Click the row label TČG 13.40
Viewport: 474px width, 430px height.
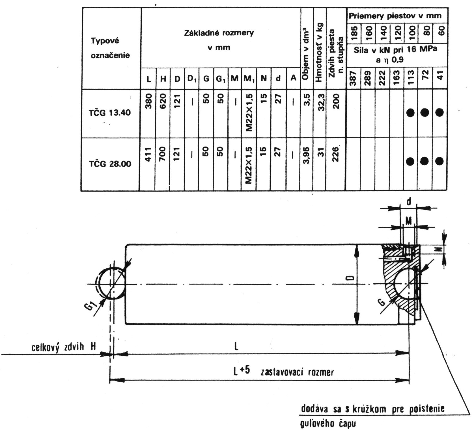pos(110,113)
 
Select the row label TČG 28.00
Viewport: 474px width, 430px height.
pos(110,164)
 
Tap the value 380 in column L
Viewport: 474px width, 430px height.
pos(149,101)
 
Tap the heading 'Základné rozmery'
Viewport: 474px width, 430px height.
pos(219,33)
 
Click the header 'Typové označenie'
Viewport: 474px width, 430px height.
pos(110,48)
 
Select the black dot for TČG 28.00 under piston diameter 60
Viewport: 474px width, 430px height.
pos(439,161)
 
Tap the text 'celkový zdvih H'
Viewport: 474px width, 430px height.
pos(63,347)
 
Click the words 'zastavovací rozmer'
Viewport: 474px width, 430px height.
pos(297,372)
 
